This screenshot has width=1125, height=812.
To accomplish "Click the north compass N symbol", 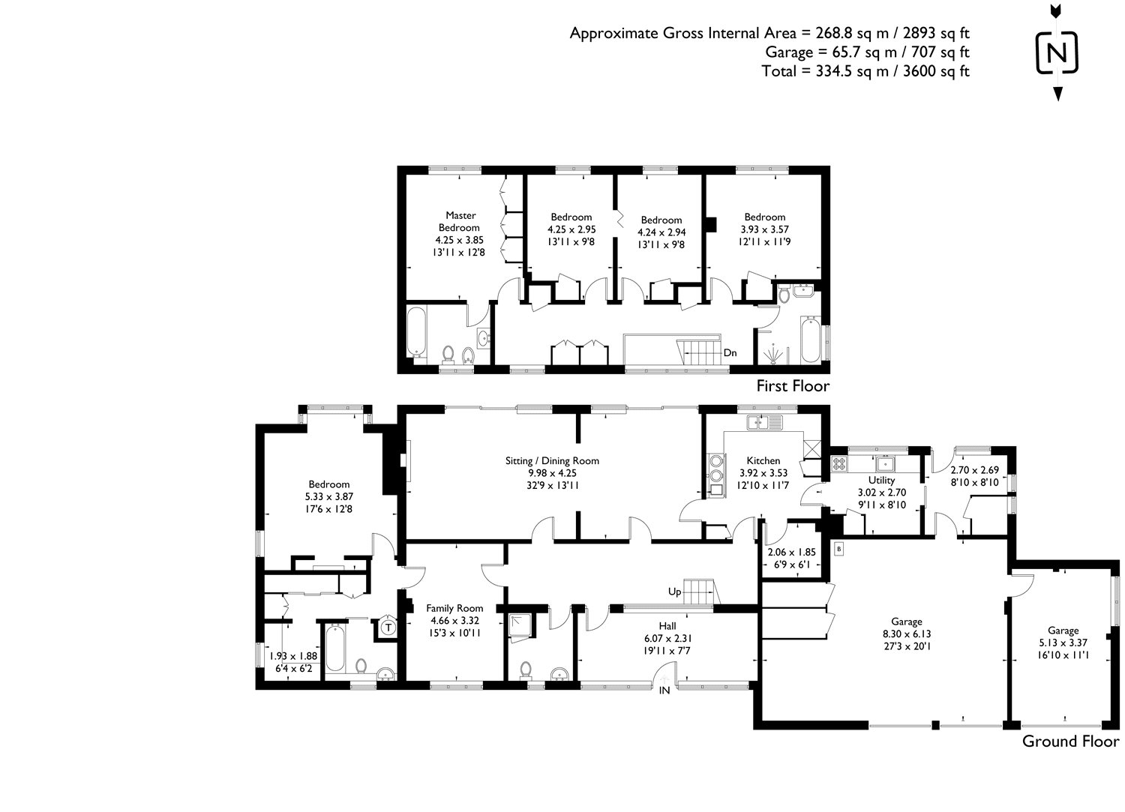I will pos(1057,53).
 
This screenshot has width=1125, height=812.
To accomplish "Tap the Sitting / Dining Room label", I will pos(552,460).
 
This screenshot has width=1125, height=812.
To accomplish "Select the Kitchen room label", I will pos(763,460).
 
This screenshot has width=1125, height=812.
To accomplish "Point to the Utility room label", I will pos(881,480).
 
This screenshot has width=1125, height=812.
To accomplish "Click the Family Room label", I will pos(454,608).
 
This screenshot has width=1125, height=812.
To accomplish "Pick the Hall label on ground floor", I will pos(667,625).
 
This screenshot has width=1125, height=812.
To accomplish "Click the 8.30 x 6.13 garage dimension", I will pos(907,634).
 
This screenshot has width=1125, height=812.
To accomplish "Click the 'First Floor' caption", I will pos(793,386).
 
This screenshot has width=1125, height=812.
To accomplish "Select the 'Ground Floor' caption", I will pos(1070,742).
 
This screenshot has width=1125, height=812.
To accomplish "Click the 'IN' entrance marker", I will pos(664,691).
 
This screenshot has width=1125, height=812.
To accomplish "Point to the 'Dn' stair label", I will pos(730,352).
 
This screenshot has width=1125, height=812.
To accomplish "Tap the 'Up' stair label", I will pos(675,592).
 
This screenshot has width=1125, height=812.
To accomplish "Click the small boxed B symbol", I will pos(838,550).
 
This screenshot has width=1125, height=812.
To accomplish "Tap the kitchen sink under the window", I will pos(763,423).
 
